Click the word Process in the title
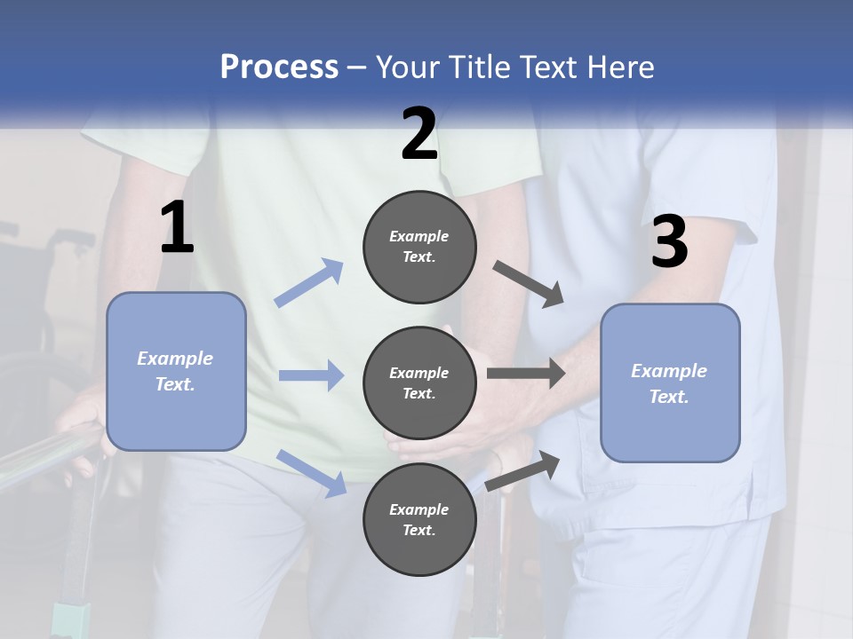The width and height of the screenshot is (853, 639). (280, 67)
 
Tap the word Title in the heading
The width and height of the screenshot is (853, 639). (480, 67)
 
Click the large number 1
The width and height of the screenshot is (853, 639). (178, 226)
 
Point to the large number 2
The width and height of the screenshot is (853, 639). (419, 133)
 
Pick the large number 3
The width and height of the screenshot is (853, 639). (670, 241)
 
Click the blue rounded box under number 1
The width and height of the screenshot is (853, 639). (176, 372)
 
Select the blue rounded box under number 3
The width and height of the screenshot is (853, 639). (670, 383)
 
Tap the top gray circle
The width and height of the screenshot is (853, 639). (419, 247)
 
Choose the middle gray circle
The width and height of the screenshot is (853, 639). (419, 383)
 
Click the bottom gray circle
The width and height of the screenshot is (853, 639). (419, 519)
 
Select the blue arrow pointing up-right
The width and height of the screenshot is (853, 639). (308, 283)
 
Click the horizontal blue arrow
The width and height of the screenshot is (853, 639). (311, 375)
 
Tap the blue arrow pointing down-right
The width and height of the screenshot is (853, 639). (312, 473)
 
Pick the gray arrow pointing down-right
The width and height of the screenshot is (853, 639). (528, 285)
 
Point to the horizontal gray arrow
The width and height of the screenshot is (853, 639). (526, 374)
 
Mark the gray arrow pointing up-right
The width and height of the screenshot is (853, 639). (522, 471)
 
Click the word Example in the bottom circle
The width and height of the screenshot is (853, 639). (419, 509)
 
